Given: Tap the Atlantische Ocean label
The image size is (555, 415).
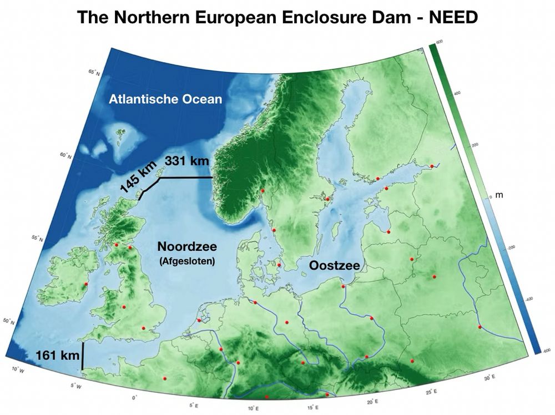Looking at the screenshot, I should tap(165, 100).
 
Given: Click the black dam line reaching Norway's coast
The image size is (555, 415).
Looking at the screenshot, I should tap(186, 178).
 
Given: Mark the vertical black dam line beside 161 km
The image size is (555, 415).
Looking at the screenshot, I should tap(83, 356).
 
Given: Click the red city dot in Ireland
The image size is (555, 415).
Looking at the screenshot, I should tap(86, 285).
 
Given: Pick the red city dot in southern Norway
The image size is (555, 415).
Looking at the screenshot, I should tap(263, 191).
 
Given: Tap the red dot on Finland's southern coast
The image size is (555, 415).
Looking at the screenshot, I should tap(377, 178).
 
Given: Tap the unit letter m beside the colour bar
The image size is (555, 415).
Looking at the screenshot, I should tap(498, 196).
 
